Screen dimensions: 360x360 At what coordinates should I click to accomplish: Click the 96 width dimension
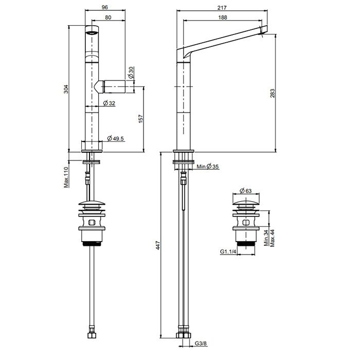[x=105, y=7]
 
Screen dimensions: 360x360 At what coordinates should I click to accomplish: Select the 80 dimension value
[x=108, y=17]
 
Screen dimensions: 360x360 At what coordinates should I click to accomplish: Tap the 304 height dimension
[x=66, y=89]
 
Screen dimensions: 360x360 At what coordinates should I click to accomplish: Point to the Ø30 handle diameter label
[x=131, y=73]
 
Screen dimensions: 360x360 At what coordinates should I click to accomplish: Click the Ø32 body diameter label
[x=109, y=103]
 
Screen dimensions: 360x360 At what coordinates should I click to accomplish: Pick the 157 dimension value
[x=141, y=119]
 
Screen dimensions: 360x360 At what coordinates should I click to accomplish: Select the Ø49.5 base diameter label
[x=116, y=138]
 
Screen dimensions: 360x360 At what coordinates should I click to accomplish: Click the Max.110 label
[x=66, y=177]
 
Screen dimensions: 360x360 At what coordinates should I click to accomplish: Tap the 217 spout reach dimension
[x=222, y=8]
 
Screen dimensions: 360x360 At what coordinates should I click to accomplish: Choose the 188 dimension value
[x=223, y=17]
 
